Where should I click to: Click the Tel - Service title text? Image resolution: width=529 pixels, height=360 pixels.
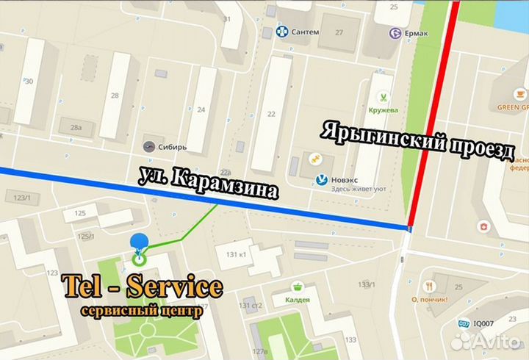click(x=142, y=287)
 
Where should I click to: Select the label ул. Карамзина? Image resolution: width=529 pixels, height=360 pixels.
click(x=209, y=183)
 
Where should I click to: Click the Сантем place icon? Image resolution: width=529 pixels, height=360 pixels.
click(x=281, y=32)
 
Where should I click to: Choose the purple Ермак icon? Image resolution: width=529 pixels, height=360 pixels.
click(x=397, y=33)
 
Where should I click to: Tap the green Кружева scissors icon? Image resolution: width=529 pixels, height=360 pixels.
click(x=383, y=97)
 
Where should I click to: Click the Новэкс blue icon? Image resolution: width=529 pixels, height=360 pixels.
click(x=322, y=179)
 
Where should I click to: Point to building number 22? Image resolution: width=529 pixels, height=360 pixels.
click(x=271, y=113)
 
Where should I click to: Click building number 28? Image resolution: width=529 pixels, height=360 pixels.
click(x=115, y=96)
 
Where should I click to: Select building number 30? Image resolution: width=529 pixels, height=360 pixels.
click(x=28, y=81)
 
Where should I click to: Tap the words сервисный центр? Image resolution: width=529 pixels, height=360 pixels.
click(x=141, y=310)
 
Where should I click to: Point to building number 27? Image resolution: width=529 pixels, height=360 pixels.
click(x=339, y=32)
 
